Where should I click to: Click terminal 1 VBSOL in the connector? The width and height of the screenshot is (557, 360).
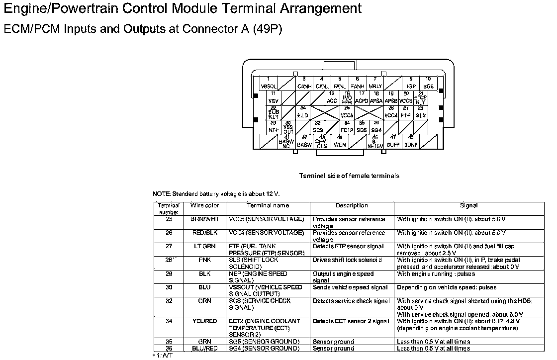[x=269, y=83]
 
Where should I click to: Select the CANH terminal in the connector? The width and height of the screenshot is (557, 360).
[x=304, y=83]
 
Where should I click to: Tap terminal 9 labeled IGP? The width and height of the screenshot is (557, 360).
[x=411, y=83]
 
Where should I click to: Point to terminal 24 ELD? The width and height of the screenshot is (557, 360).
[x=302, y=112]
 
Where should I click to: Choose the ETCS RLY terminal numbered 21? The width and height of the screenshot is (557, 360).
[x=420, y=98]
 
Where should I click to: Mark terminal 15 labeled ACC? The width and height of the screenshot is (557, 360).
[x=332, y=98]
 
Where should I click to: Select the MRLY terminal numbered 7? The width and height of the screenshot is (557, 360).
[x=375, y=83]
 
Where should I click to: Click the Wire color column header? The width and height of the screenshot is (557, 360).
[x=204, y=205]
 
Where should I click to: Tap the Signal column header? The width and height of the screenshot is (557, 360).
[x=468, y=205]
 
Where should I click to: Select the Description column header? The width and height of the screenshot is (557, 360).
[x=352, y=205]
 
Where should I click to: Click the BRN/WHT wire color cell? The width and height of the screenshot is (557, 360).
[x=204, y=219]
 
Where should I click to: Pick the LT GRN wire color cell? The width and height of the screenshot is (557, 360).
[x=204, y=246]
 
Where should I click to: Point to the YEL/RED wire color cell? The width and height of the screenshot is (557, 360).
[x=204, y=321]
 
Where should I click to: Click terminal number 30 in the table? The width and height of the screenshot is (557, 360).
[x=169, y=287]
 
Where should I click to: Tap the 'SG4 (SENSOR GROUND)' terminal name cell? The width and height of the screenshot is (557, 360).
[x=264, y=349]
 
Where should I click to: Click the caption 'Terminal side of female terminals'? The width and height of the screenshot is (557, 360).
[x=349, y=176]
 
